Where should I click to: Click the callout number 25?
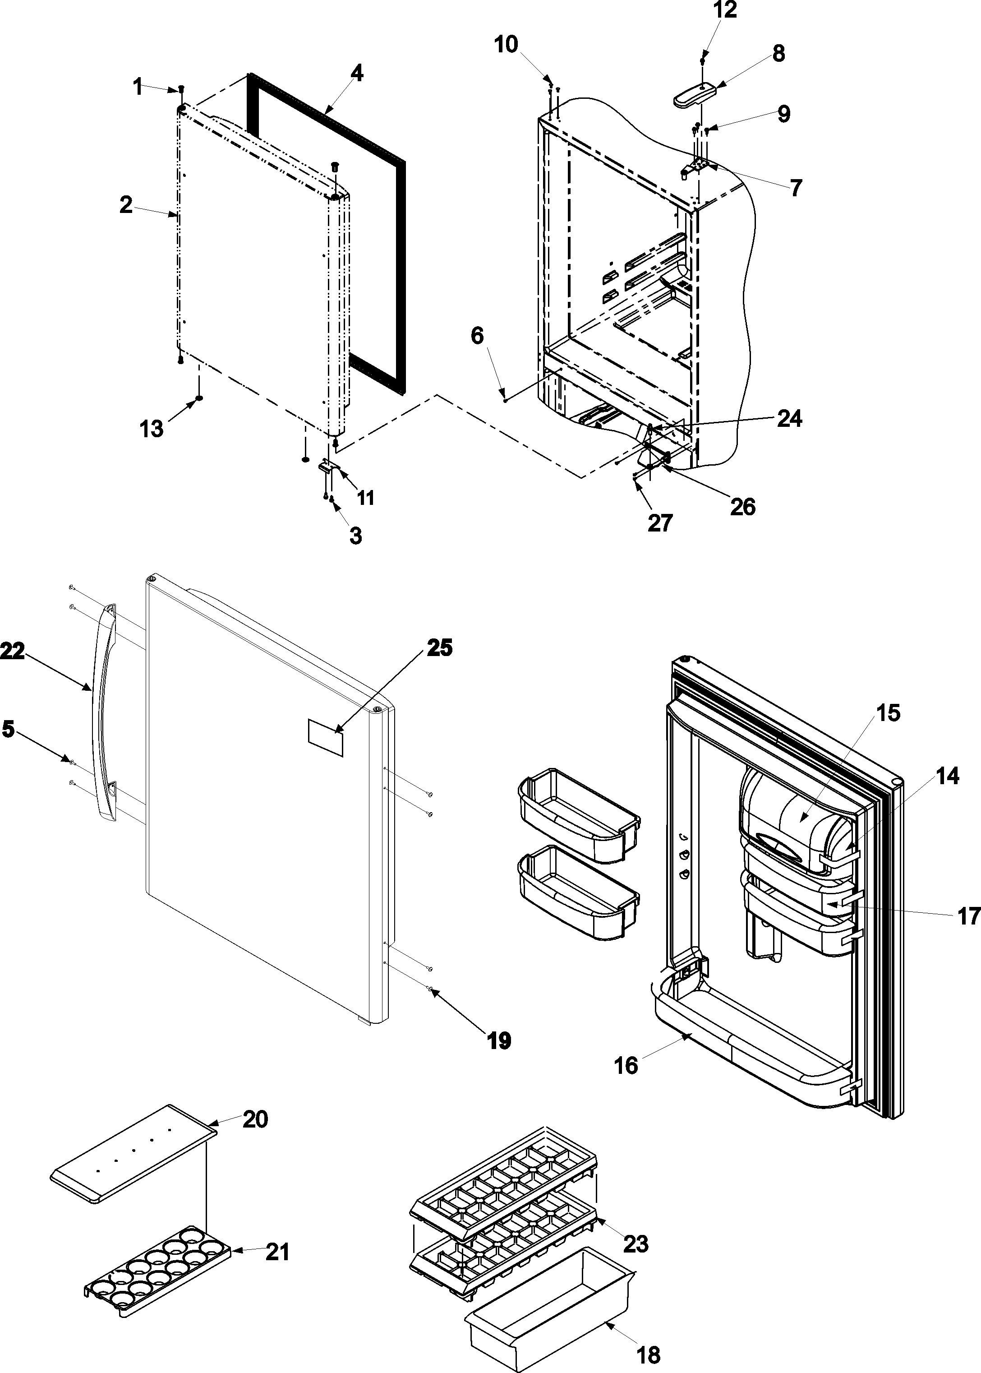pyautogui.click(x=439, y=648)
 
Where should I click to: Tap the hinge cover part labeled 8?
pyautogui.click(x=694, y=95)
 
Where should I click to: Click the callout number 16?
pyautogui.click(x=626, y=1065)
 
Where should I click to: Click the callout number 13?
pyautogui.click(x=152, y=429)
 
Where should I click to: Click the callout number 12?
pyautogui.click(x=725, y=10)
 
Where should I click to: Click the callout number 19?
pyautogui.click(x=499, y=1040)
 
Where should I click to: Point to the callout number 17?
pyautogui.click(x=968, y=917)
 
